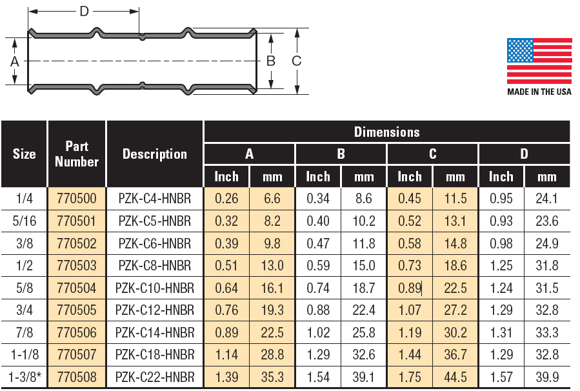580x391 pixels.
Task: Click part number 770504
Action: [77, 288]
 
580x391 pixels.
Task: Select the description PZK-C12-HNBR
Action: [155, 310]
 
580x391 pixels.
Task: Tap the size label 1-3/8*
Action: [24, 377]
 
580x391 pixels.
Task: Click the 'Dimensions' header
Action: [386, 132]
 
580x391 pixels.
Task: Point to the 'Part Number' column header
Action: [77, 154]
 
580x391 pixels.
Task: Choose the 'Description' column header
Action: [155, 154]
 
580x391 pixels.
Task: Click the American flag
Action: [539, 61]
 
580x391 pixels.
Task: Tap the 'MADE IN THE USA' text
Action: [539, 92]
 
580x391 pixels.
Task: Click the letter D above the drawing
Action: [84, 11]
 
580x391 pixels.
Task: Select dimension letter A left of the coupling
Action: [14, 61]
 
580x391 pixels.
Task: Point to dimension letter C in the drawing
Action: [297, 61]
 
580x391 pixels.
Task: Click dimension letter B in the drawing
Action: [271, 61]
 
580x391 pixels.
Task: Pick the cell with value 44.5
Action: [455, 377]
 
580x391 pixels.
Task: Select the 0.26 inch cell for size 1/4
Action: [226, 199]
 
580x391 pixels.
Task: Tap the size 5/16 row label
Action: [24, 221]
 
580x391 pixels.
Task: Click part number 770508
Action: [77, 377]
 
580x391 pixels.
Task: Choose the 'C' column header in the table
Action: [432, 154]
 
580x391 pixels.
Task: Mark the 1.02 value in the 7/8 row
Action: [318, 332]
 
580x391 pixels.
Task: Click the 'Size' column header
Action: [24, 154]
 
